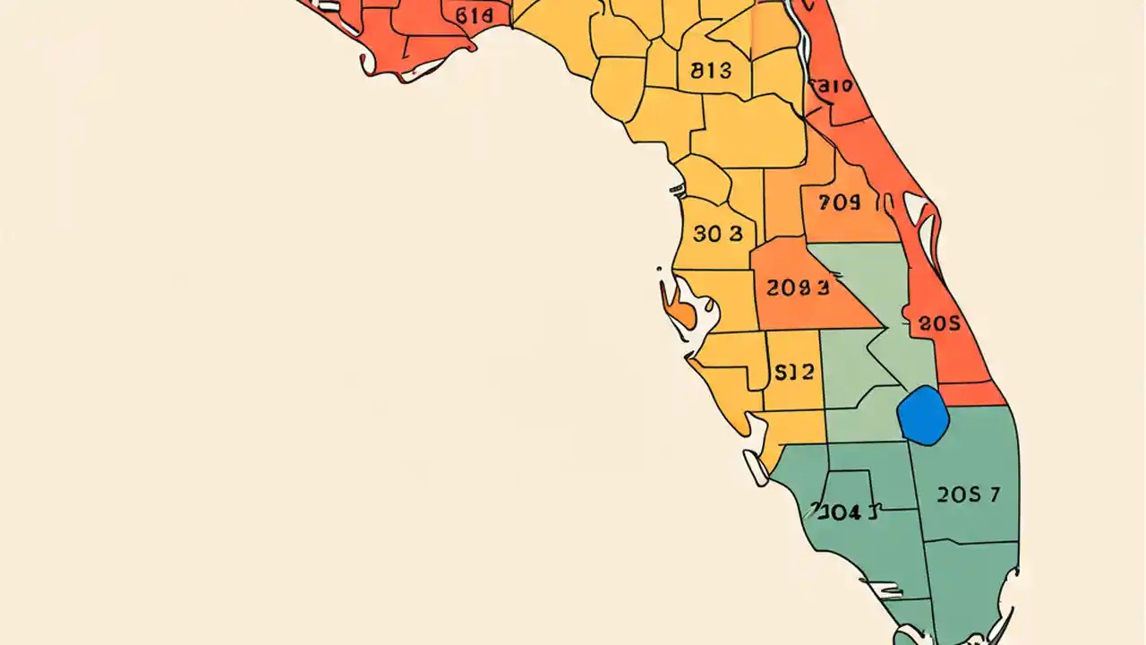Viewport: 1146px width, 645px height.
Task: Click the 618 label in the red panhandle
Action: click(474, 15)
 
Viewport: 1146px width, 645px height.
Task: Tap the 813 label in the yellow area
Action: click(712, 71)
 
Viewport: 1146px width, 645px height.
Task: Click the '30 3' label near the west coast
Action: click(718, 234)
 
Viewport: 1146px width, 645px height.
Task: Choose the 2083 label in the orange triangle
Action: click(798, 288)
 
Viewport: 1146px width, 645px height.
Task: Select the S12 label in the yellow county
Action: click(793, 373)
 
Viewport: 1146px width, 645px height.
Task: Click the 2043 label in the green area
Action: click(844, 512)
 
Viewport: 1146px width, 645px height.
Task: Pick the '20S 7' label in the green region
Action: click(968, 494)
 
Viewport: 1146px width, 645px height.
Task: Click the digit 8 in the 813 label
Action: click(697, 71)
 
